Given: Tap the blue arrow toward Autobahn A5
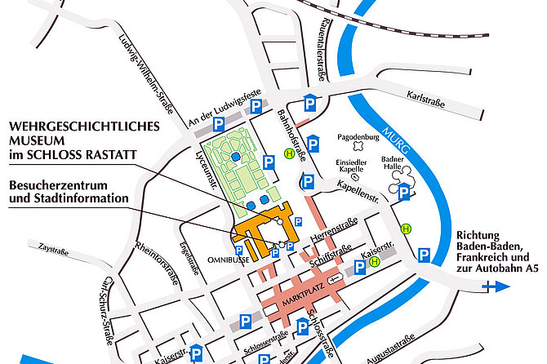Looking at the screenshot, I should (496, 286).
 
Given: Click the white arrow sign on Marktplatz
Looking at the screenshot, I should (335, 280).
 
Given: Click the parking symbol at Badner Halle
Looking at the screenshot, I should (404, 193).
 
